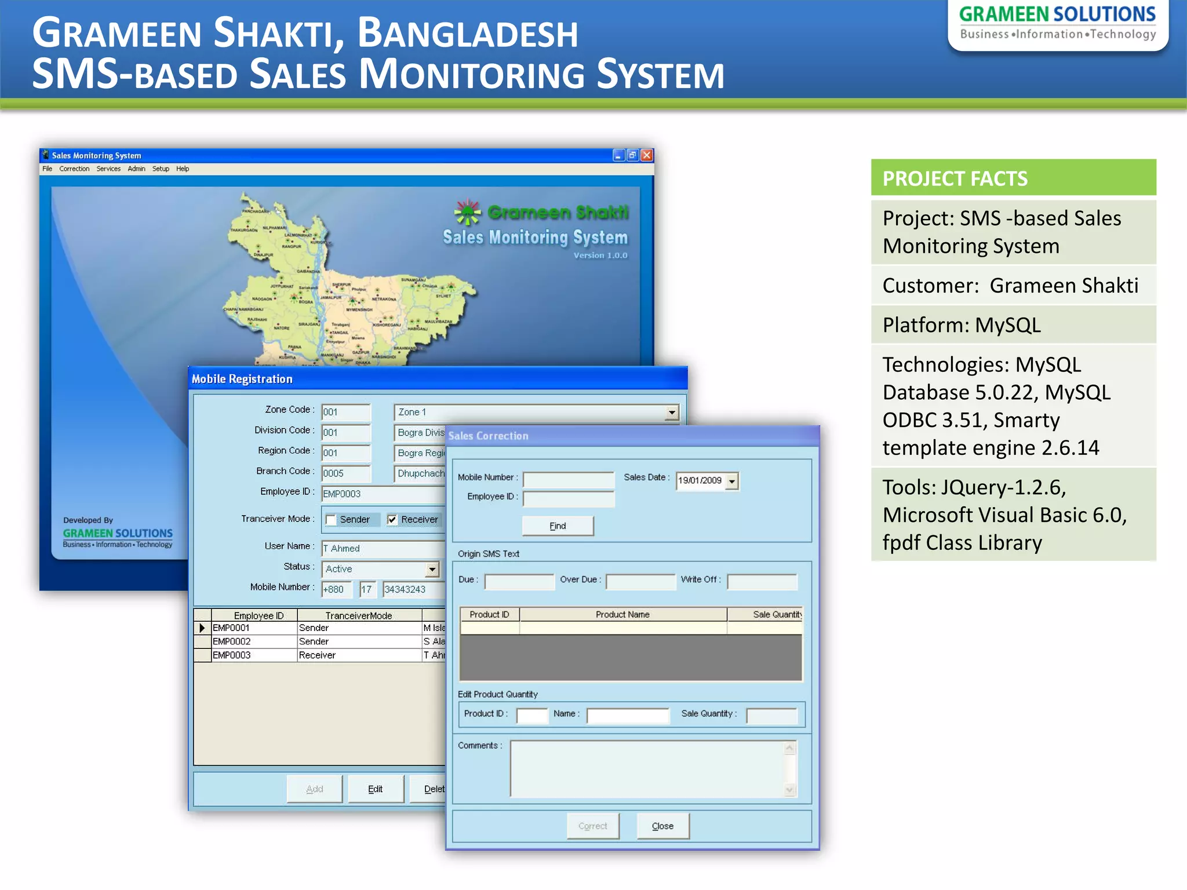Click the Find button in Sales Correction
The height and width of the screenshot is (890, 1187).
click(558, 526)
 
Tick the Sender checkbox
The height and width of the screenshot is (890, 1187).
click(331, 520)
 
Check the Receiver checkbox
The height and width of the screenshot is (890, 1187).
click(392, 520)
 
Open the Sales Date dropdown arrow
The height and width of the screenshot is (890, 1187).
click(732, 481)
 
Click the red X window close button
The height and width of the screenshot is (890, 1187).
click(647, 155)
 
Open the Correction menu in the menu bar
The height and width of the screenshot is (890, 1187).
click(74, 169)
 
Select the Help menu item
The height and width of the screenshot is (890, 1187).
click(183, 169)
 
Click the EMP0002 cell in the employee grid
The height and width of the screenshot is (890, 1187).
click(232, 641)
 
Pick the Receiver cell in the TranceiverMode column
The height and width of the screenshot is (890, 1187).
click(317, 655)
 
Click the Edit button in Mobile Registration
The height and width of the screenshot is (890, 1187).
click(375, 789)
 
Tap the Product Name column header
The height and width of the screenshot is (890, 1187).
click(622, 614)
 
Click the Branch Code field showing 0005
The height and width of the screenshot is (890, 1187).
click(345, 473)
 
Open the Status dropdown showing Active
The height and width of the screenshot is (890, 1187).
click(432, 570)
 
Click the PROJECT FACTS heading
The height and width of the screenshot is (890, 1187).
click(955, 178)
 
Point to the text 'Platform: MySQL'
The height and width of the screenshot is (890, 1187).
click(962, 325)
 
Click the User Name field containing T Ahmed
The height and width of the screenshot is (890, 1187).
click(383, 549)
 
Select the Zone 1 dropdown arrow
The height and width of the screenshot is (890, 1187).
click(671, 413)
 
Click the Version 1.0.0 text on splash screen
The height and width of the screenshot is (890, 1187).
click(600, 256)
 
